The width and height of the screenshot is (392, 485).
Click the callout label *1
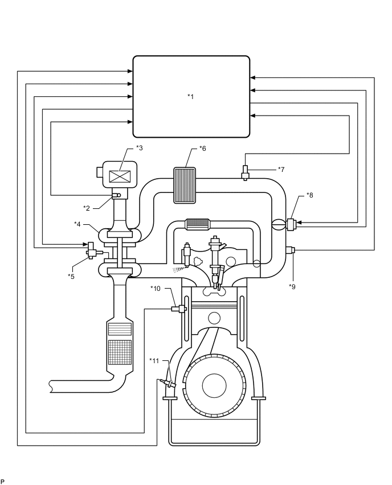click(x=191, y=96)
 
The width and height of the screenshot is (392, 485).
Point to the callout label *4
click(x=77, y=224)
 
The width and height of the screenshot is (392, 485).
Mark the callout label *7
click(x=281, y=169)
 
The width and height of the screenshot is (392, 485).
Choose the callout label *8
click(x=309, y=195)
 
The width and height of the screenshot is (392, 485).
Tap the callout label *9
click(x=292, y=286)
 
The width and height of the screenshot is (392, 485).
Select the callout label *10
click(x=157, y=288)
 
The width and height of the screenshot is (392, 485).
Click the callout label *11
click(x=154, y=360)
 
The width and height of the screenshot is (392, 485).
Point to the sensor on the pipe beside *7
click(x=246, y=171)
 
